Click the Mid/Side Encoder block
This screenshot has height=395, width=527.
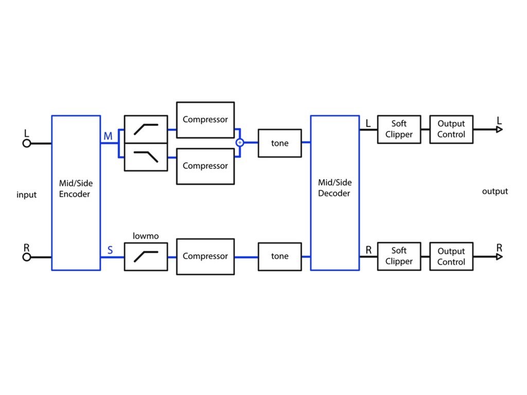pos(76,193)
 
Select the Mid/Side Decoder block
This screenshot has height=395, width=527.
pos(335,193)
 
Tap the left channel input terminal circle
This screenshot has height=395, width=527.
pos(27,143)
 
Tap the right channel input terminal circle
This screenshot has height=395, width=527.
pos(27,257)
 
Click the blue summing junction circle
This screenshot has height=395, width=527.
pos(240,143)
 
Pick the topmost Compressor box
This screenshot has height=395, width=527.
pos(205,120)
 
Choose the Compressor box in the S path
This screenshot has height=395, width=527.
pos(205,257)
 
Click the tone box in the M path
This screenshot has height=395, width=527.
pos(279,143)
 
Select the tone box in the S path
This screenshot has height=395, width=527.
pos(279,257)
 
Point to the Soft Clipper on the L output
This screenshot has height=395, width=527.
pos(399,129)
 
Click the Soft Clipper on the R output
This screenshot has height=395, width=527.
pos(399,256)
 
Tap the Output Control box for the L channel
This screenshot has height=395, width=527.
pos(451,129)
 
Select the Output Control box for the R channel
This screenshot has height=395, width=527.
pos(451,256)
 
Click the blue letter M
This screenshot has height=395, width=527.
pos(108,136)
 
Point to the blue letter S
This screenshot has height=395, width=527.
pos(110,250)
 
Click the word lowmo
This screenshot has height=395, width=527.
pos(146,236)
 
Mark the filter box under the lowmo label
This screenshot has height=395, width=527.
pos(146,257)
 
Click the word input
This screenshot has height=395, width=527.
pos(27,195)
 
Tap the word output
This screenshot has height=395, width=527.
pos(495,191)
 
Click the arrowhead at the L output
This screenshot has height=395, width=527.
pos(499,129)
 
